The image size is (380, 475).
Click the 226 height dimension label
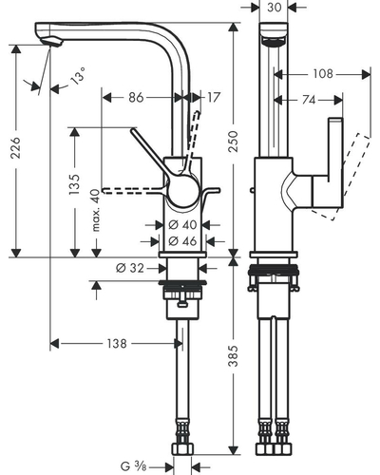tap(16, 148)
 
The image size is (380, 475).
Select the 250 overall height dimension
tap(234, 142)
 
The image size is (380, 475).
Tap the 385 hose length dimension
tap(234, 356)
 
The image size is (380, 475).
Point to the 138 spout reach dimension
tap(117, 343)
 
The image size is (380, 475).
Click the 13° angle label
tap(78, 76)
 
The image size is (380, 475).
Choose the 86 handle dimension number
tap(136, 97)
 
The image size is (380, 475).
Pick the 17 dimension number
tap(213, 97)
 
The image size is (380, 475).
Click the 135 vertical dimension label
tap(75, 184)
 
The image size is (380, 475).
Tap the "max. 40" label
tap(96, 211)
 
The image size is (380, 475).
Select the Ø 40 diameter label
tap(182, 225)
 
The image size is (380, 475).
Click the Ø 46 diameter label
tap(182, 241)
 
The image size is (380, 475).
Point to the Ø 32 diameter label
tap(130, 268)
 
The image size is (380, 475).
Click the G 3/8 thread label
tap(133, 466)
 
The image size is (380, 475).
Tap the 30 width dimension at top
tap(274, 7)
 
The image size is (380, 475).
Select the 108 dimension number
tap(323, 74)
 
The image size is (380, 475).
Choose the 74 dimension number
tap(309, 100)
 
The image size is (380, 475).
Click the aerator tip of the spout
tap(50, 42)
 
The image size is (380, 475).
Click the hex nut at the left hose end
tap(182, 449)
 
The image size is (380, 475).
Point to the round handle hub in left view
tap(183, 190)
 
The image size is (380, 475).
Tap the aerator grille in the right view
tap(274, 42)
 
